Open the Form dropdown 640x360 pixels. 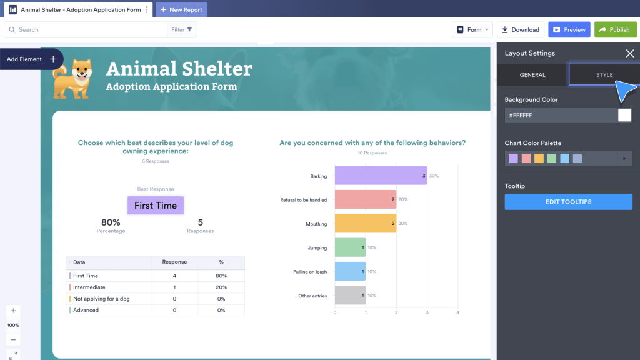472,29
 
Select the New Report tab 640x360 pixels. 181,10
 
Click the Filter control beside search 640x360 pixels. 182,29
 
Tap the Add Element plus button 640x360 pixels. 53,59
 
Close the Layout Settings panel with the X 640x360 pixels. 629,54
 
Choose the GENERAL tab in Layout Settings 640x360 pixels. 532,75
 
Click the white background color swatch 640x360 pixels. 624,115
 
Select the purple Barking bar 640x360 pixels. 381,176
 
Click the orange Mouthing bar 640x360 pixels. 366,223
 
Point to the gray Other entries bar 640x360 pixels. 350,295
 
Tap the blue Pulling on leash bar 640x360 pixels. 350,271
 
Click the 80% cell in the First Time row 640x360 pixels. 221,276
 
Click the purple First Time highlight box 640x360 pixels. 156,206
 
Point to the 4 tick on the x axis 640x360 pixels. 458,312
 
